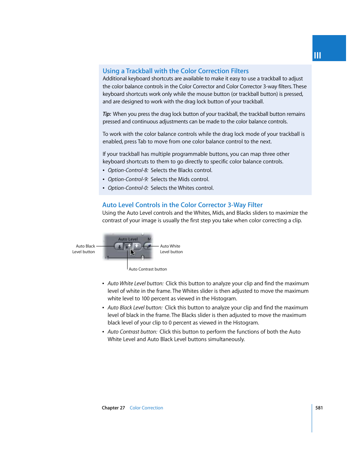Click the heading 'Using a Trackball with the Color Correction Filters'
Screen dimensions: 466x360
coord(175,71)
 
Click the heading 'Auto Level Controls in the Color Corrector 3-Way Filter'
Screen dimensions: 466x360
coord(182,205)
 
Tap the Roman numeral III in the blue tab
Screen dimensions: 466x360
coord(317,55)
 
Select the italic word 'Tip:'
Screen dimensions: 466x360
coord(107,114)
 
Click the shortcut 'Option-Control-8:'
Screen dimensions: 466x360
coord(128,170)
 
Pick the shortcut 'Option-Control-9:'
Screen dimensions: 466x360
coord(128,179)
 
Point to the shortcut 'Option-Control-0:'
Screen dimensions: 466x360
coord(128,188)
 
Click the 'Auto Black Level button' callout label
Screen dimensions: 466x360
coord(84,249)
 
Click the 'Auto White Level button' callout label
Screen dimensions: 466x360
coord(171,249)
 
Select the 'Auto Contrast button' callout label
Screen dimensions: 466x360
coord(148,269)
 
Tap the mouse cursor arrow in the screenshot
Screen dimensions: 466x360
coord(132,252)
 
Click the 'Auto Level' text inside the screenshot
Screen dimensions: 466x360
coord(128,239)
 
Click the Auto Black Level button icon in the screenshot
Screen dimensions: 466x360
coord(119,246)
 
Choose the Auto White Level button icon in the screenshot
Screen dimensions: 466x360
coord(137,246)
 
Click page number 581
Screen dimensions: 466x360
coord(319,408)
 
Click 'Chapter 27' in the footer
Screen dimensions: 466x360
coord(113,408)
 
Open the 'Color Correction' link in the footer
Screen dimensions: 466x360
coord(146,408)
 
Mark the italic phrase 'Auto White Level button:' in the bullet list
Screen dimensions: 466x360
coord(135,283)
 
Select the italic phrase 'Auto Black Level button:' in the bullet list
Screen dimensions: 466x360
coord(135,308)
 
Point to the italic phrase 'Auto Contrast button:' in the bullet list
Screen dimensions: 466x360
coord(132,332)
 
